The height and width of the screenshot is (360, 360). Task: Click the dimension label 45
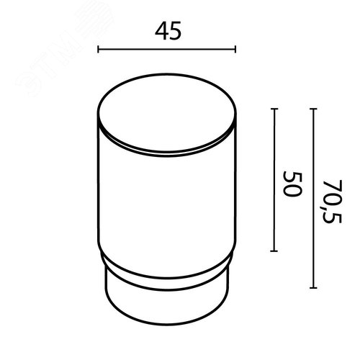click(x=168, y=31)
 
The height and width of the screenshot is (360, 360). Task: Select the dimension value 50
click(x=292, y=184)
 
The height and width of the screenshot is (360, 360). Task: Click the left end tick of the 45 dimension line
click(x=98, y=49)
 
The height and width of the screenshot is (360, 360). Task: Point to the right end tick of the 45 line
click(x=235, y=49)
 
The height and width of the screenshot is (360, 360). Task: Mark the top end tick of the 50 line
click(x=274, y=109)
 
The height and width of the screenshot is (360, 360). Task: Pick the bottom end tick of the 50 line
click(x=274, y=251)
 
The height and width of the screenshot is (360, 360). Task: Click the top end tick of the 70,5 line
click(x=313, y=109)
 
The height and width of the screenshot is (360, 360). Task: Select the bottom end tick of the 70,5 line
click(x=313, y=287)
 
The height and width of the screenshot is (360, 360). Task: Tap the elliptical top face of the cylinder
click(x=167, y=113)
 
